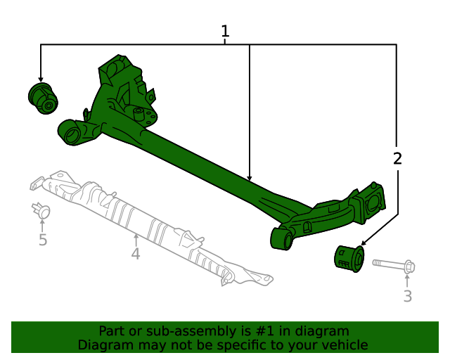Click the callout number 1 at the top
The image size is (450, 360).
[225, 31]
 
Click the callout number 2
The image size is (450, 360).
[397, 158]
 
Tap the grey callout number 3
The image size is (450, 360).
[408, 296]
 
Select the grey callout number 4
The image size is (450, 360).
[136, 253]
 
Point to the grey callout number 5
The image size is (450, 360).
[43, 240]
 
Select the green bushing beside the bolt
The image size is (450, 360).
[348, 257]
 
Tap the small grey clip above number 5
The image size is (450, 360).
[42, 210]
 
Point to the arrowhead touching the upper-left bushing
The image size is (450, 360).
[41, 79]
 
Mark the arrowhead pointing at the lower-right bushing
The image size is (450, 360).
[363, 243]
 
